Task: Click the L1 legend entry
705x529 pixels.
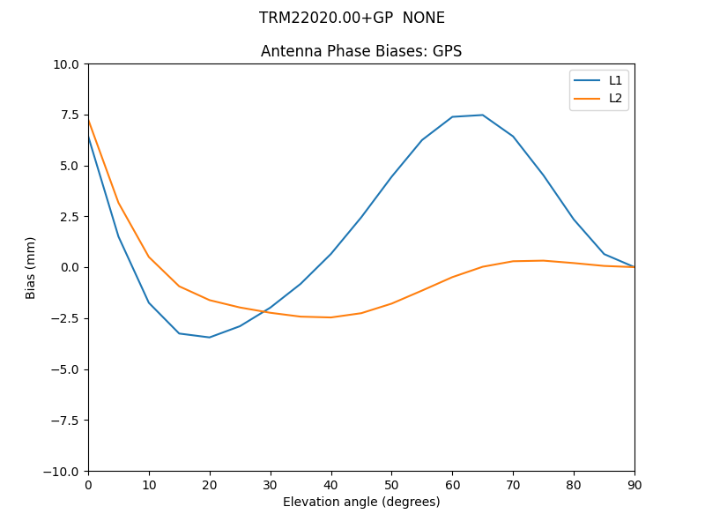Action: pyautogui.click(x=615, y=80)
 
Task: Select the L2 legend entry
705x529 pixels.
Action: pyautogui.click(x=615, y=98)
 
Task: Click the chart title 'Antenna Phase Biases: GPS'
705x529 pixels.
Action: pyautogui.click(x=361, y=51)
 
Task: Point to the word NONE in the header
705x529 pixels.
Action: pyautogui.click(x=424, y=18)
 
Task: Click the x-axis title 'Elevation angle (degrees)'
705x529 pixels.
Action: pyautogui.click(x=361, y=502)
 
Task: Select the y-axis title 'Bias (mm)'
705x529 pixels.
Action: pyautogui.click(x=31, y=267)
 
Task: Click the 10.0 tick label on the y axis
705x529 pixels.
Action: pyautogui.click(x=66, y=64)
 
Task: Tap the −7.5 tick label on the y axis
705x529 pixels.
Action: pyautogui.click(x=63, y=421)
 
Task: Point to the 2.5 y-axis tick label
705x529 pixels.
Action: pyautogui.click(x=69, y=217)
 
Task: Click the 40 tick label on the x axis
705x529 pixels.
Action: pyautogui.click(x=331, y=485)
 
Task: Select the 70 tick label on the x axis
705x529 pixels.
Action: pyautogui.click(x=513, y=485)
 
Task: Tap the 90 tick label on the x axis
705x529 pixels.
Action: pyautogui.click(x=634, y=485)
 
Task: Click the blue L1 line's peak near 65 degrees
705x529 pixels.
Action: pyautogui.click(x=482, y=115)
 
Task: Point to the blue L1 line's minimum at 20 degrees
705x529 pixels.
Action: pyautogui.click(x=210, y=337)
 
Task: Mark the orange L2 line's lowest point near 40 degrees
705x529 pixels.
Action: pyautogui.click(x=330, y=317)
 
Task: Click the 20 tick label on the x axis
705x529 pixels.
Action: pyautogui.click(x=210, y=485)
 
